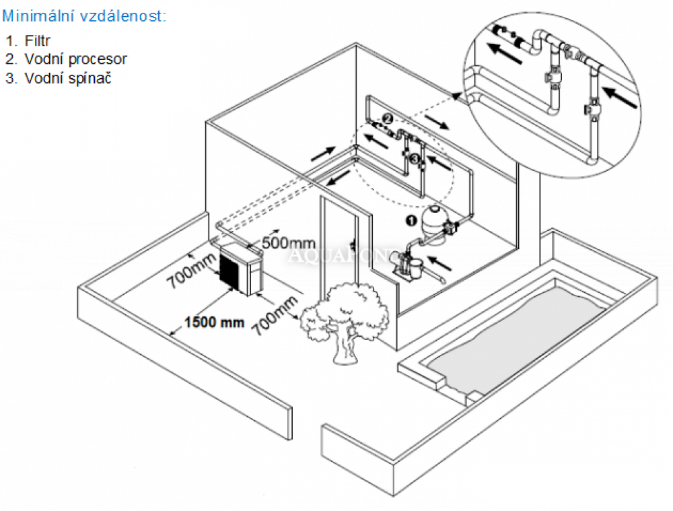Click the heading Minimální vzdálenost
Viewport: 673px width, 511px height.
pos(84,16)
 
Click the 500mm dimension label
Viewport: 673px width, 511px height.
pos(289,243)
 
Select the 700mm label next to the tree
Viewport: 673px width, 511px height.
pos(275,316)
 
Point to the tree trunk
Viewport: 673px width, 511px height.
pos(345,347)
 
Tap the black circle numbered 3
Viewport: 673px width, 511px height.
pos(415,159)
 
